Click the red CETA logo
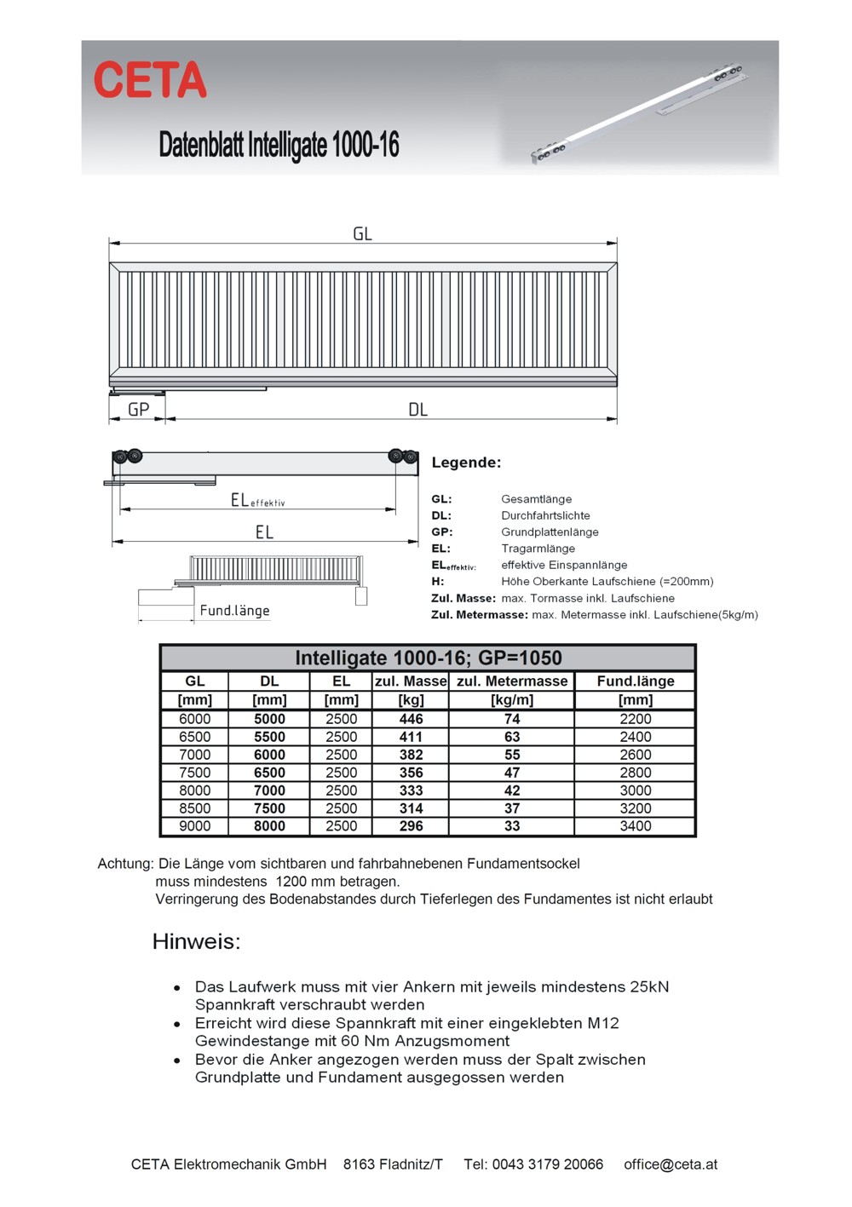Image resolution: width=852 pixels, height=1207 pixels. (150, 80)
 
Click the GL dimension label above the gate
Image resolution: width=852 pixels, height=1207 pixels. (362, 233)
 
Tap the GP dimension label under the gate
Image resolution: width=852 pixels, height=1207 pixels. (138, 410)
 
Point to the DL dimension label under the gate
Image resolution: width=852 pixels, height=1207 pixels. (417, 410)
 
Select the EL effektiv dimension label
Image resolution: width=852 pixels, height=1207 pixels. (257, 501)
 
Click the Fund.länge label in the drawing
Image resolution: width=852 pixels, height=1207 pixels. (234, 611)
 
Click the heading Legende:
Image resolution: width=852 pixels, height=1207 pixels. (466, 463)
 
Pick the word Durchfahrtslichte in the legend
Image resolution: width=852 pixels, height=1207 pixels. (545, 515)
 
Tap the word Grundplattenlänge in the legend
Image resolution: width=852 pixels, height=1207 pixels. (550, 532)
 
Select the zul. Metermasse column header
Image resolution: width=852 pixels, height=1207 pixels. (512, 681)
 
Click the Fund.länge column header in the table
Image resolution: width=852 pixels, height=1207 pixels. (636, 681)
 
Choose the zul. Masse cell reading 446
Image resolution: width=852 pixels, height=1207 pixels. (411, 719)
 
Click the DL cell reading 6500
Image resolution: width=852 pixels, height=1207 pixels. (269, 773)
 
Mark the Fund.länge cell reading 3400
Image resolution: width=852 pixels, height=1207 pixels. (636, 826)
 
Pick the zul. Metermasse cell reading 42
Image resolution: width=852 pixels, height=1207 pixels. (512, 790)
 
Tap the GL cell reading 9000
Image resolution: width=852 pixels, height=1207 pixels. (194, 826)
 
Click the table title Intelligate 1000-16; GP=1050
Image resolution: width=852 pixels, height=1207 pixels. (428, 658)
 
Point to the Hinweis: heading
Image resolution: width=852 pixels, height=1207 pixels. (196, 941)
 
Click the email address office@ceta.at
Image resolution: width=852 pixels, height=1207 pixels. (671, 1164)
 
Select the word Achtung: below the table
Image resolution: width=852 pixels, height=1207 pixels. (125, 864)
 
